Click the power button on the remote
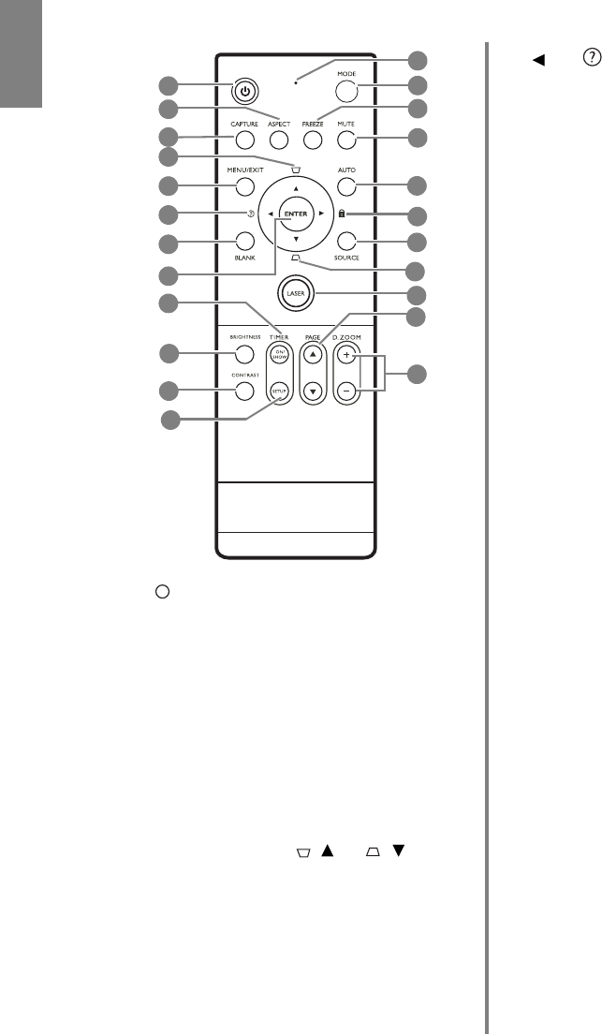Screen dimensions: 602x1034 click(244, 92)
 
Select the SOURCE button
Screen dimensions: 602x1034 click(346, 240)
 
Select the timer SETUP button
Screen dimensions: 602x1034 click(278, 390)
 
